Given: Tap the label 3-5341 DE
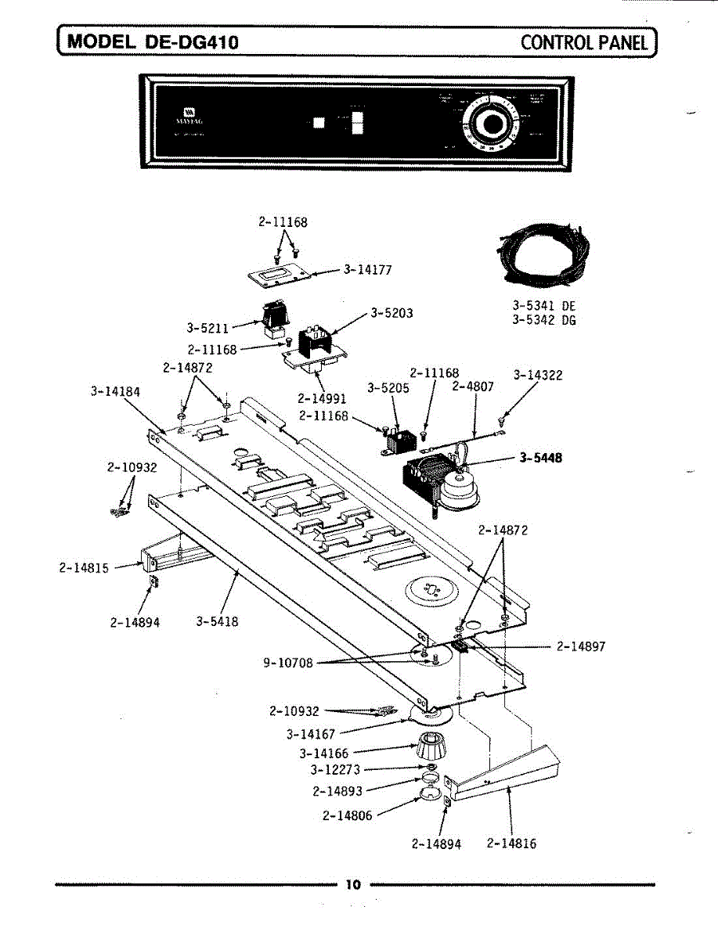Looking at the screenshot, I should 544,306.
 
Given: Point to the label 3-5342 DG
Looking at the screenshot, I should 544,320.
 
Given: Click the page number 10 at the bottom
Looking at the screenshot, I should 353,884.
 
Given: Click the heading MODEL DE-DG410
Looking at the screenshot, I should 153,41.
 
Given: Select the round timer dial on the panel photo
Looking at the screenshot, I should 490,124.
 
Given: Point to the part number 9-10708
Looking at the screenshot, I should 288,664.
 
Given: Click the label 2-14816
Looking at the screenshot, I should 511,844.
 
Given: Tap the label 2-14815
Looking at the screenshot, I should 84,568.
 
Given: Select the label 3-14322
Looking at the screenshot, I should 538,376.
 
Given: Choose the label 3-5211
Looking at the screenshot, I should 207,326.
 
